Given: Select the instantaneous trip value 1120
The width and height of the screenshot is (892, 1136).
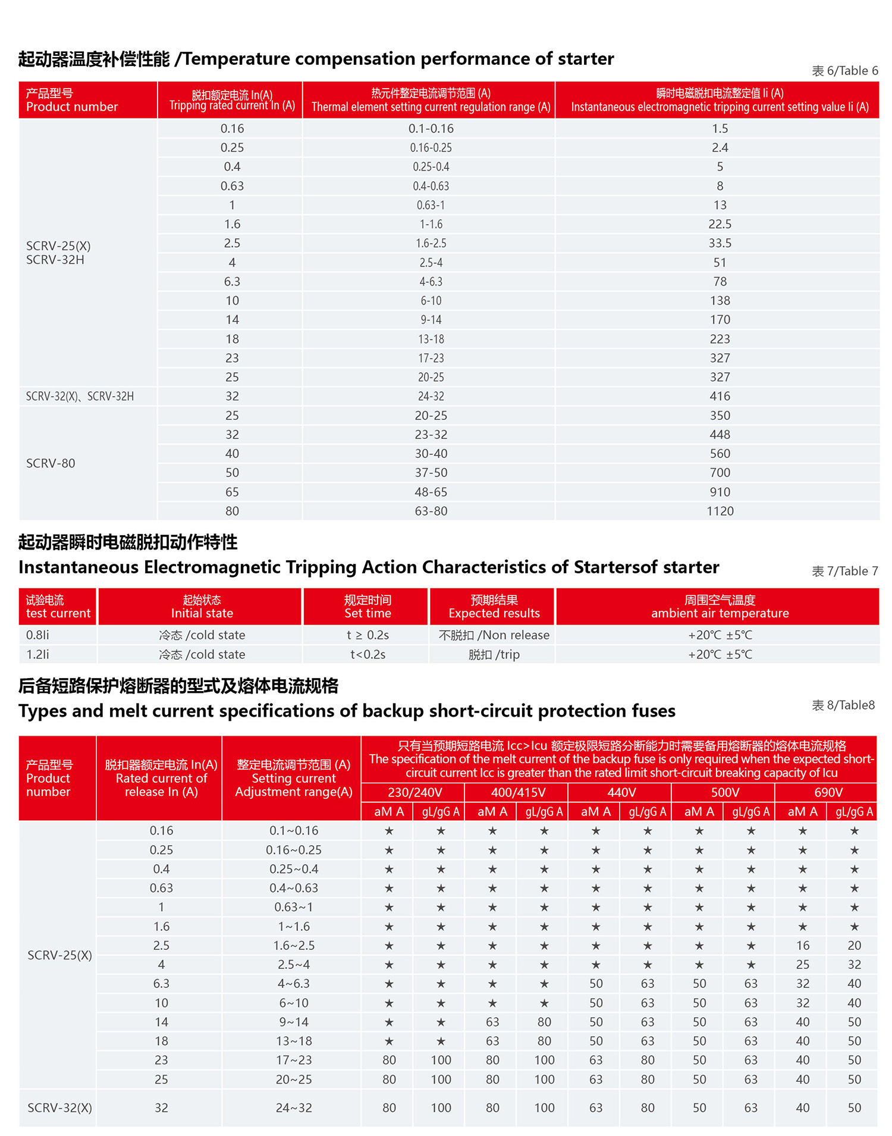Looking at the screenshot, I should tap(720, 511).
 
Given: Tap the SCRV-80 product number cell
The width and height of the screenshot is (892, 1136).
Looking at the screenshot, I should tap(51, 463).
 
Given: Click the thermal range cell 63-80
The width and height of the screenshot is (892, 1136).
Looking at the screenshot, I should tap(431, 511).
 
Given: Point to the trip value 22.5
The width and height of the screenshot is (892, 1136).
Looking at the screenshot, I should tap(720, 224).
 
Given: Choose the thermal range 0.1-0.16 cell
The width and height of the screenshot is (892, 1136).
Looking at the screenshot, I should tap(431, 128).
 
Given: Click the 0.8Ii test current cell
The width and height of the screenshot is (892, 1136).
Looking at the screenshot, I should tap(37, 635).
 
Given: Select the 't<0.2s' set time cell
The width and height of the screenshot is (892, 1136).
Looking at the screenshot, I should tap(368, 654).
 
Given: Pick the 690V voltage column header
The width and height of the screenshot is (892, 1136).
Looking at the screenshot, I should tap(828, 792).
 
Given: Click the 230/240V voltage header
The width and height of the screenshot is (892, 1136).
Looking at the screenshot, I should tap(414, 792).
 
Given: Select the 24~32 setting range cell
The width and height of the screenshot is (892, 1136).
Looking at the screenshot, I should tap(293, 1107).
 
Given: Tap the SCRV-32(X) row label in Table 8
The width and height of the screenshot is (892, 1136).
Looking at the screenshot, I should tap(59, 1107).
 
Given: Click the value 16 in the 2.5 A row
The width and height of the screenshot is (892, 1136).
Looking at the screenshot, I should tap(802, 945).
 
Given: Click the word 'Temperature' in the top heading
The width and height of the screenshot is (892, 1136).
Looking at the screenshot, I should tap(236, 59).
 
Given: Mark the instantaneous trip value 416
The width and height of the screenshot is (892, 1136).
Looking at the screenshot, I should tap(720, 396).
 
